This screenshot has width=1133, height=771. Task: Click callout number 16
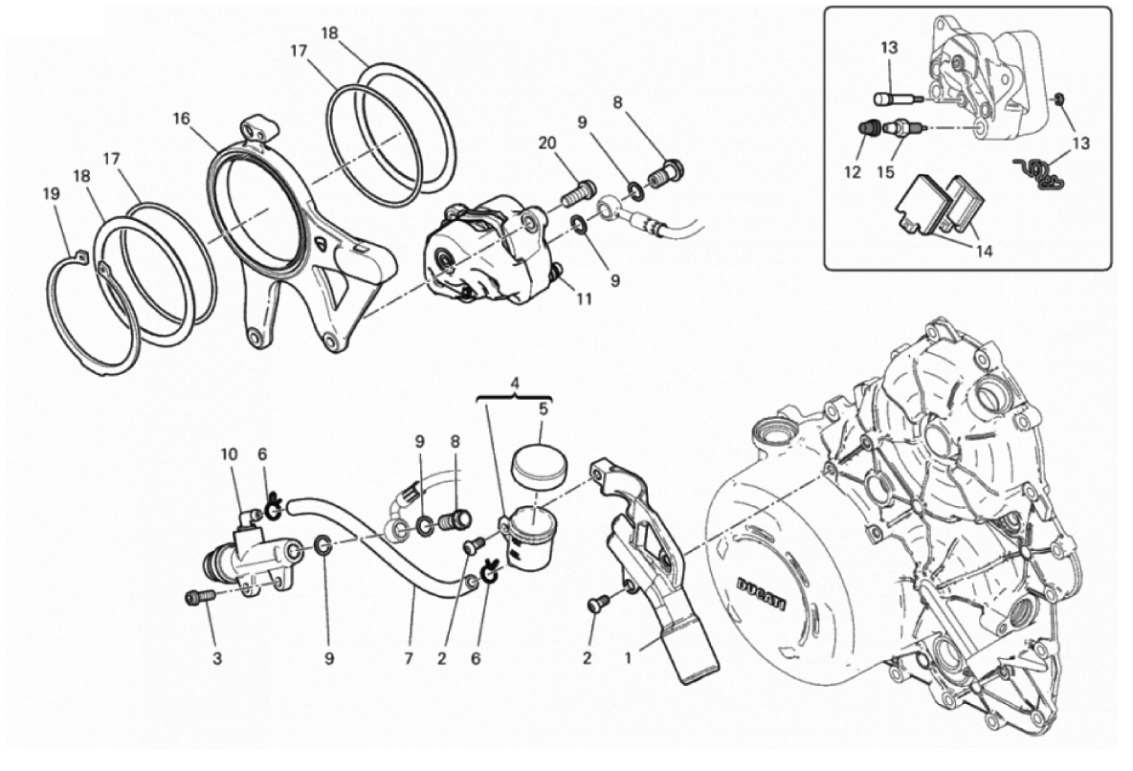coord(181,119)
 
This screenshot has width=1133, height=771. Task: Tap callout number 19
coord(51,194)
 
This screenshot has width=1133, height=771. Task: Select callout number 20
coord(547,143)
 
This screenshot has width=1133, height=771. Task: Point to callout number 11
coord(584,298)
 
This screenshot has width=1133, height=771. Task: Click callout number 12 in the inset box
coord(853,173)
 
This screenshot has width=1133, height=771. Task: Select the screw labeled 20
coord(576,193)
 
